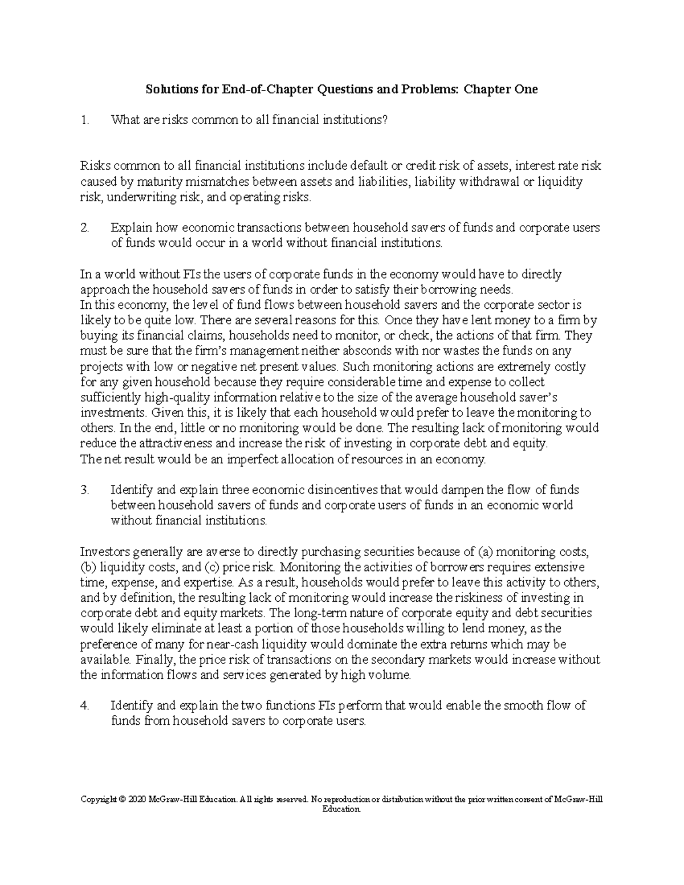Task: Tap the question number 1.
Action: (85, 120)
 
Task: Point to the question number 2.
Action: (85, 228)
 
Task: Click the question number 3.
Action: (85, 490)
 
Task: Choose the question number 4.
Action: (85, 705)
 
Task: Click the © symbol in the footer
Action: (123, 800)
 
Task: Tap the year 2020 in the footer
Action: (137, 800)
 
